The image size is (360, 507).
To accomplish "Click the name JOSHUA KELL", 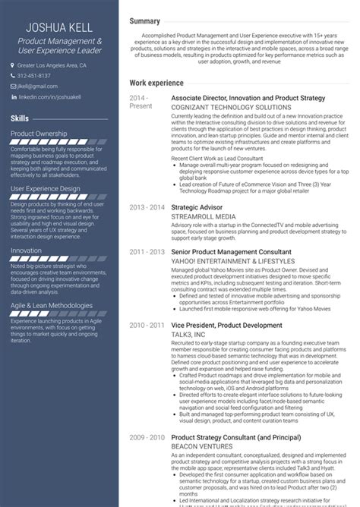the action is [x=60, y=27].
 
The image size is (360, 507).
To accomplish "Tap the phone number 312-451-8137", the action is [x=34, y=76].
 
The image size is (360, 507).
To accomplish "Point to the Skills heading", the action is [x=21, y=118].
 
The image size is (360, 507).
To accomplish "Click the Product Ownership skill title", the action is [x=39, y=134].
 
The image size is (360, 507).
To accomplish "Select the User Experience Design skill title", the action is [x=46, y=187].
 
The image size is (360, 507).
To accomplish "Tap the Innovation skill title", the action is [x=27, y=250].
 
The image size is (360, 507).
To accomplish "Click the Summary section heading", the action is [x=144, y=21].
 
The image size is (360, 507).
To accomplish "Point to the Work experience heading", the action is [x=156, y=82].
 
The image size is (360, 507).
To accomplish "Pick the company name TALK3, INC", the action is [x=190, y=334].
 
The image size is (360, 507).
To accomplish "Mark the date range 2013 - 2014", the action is [x=147, y=207].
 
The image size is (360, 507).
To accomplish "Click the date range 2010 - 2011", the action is [x=147, y=325].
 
